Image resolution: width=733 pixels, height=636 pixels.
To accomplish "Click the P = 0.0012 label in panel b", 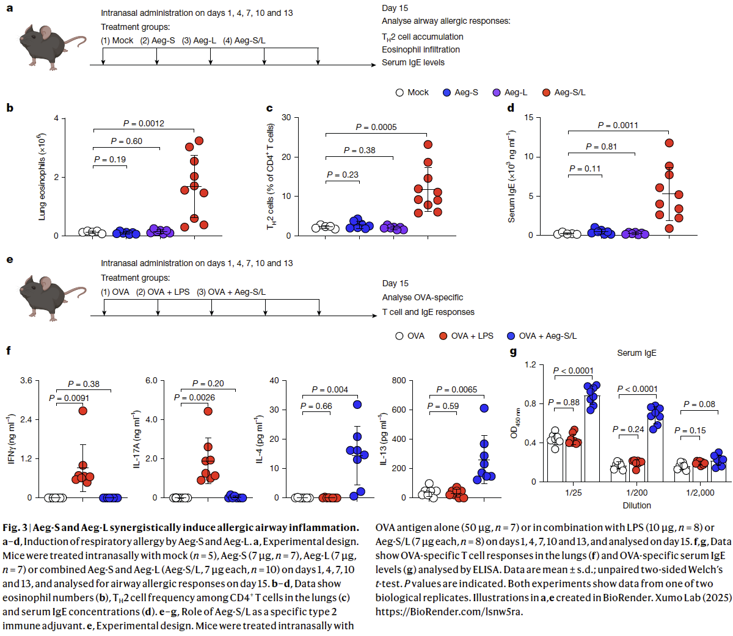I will pos(144,123).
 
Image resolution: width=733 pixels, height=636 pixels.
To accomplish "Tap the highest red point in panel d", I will pos(669,143).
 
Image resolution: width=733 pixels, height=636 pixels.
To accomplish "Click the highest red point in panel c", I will pos(428,145).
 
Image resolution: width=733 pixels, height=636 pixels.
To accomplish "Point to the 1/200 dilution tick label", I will pos(636,493).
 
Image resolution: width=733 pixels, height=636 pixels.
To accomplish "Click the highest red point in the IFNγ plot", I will pos(83,411).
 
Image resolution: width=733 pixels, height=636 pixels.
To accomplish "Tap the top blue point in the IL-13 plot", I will pos(484,408).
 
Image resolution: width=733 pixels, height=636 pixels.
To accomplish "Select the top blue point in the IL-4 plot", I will pos(357,405).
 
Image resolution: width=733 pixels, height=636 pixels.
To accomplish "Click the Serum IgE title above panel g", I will pos(636,353).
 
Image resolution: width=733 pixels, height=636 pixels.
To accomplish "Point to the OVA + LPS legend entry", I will pos(467,336).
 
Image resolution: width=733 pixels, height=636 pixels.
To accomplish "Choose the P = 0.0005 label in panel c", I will pos(376,127).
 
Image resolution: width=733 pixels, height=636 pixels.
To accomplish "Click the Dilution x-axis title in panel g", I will pos(636,505).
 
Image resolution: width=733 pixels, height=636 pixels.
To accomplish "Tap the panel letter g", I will pos(513,352).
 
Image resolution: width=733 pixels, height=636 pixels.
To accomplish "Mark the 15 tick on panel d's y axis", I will pos(528,117).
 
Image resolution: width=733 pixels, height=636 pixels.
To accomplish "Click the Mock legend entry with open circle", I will pos(412,92).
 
